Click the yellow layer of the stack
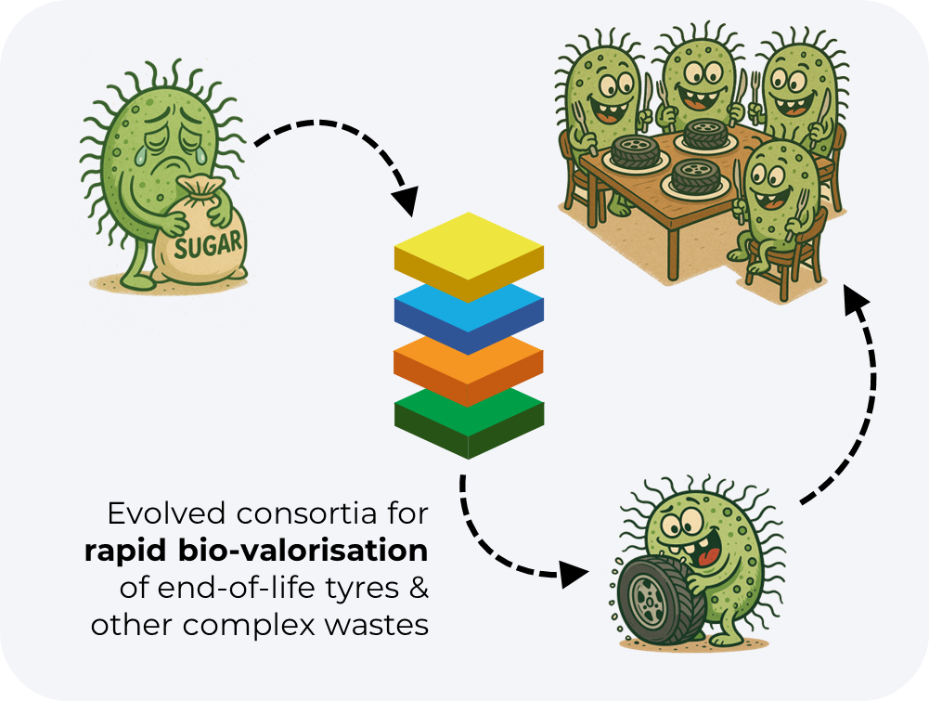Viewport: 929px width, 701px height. point(468,249)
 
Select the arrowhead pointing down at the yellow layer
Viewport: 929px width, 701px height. point(405,196)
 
